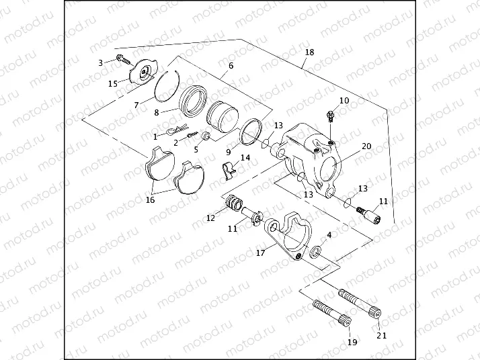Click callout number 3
click(x=101, y=62)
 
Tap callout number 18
click(x=309, y=52)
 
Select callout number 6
click(x=231, y=66)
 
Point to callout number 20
click(x=366, y=146)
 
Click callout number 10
click(x=344, y=101)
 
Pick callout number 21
click(x=381, y=336)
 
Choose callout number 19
click(x=352, y=343)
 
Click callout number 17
click(x=260, y=254)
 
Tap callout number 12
click(x=210, y=218)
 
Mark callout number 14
click(x=245, y=158)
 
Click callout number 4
click(x=329, y=236)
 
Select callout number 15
click(x=113, y=83)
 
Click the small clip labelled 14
click(x=231, y=169)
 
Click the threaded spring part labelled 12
click(x=235, y=202)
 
